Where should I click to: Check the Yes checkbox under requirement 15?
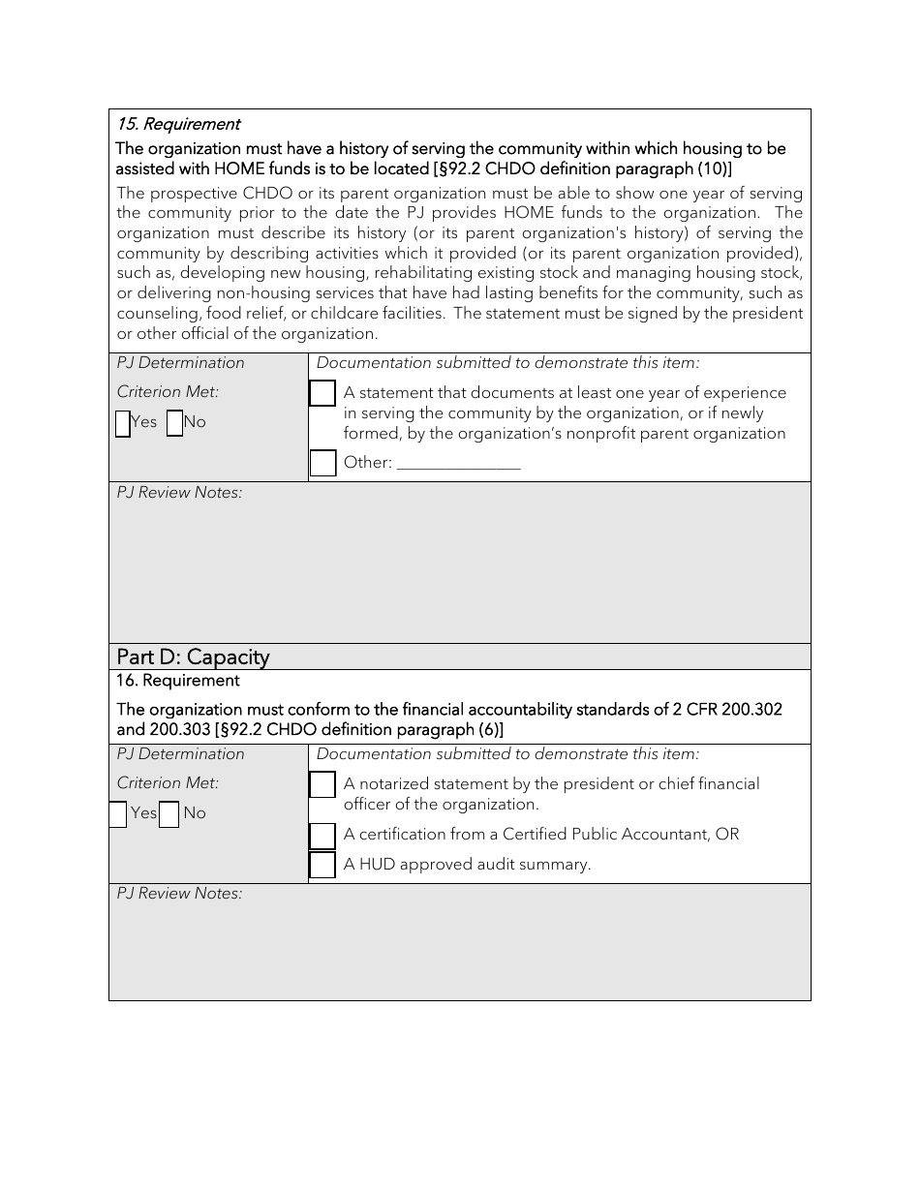123,424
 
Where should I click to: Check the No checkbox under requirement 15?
174,424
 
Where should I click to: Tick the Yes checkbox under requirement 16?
118,814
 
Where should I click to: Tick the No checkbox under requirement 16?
169,814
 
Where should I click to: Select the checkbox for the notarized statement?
322,784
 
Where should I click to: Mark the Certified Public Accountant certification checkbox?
322,836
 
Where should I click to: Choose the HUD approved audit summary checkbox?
322,865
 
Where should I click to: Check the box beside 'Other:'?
322,463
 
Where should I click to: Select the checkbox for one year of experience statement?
322,393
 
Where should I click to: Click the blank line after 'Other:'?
459,464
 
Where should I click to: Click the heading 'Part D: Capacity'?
193,657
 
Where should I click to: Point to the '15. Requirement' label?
178,124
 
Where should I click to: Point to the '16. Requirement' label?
178,681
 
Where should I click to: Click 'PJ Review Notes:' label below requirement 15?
180,493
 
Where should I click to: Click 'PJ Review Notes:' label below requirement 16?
180,894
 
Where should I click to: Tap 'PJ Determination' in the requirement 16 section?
181,754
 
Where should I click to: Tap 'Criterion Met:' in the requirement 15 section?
169,392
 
